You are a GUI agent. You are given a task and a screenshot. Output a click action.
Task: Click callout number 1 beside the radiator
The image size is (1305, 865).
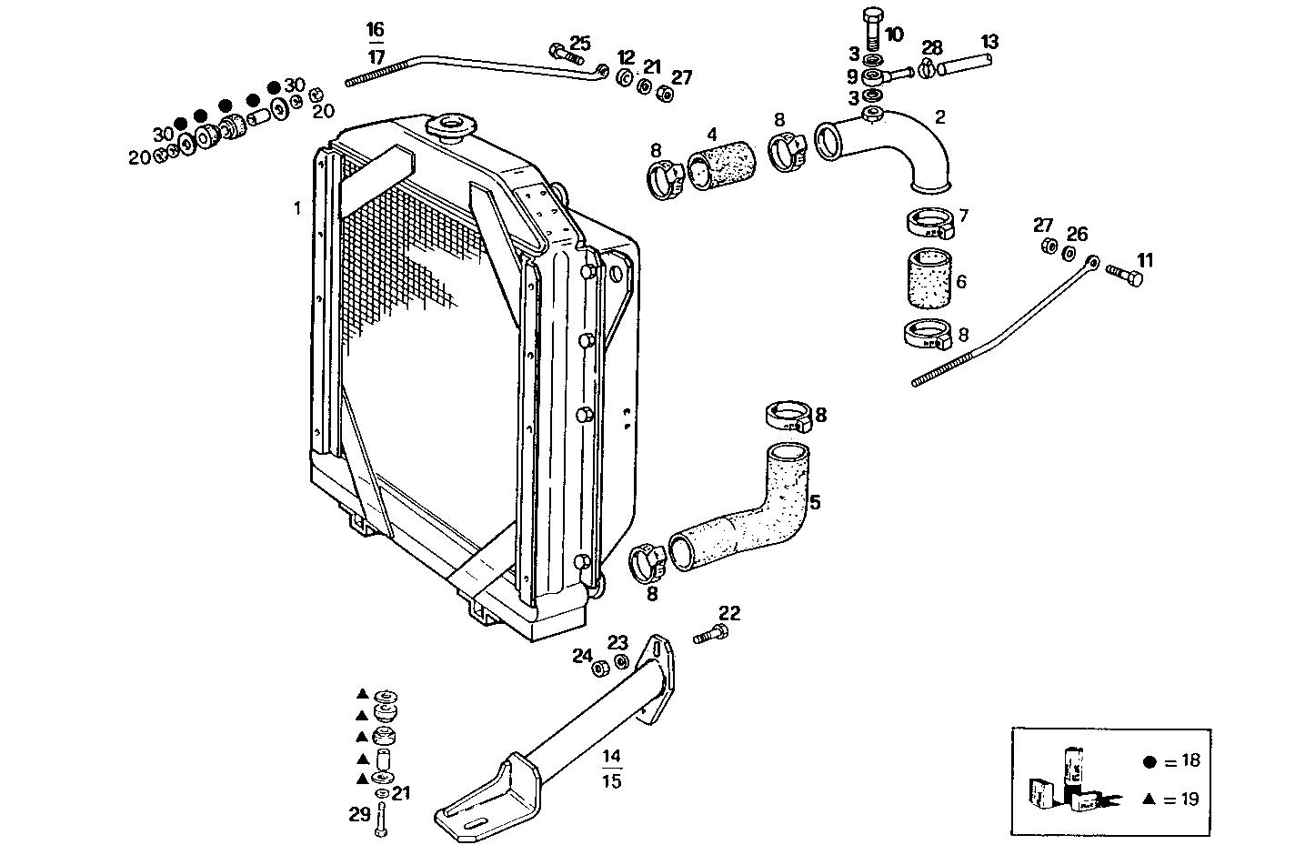coord(296,208)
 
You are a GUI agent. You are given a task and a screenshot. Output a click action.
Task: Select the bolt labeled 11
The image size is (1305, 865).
coord(1125,273)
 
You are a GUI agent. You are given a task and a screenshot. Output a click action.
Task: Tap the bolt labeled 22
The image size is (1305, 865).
coord(711,634)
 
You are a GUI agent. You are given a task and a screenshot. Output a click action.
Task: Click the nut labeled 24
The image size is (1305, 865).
coord(600,669)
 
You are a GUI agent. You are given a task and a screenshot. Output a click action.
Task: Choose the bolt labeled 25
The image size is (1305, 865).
coord(564,53)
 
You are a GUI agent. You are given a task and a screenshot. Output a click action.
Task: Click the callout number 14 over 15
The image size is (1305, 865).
coord(611,768)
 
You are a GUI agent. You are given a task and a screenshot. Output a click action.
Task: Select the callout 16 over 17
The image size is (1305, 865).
coord(376,43)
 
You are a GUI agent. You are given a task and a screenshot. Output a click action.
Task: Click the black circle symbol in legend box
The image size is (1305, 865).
coord(1149,760)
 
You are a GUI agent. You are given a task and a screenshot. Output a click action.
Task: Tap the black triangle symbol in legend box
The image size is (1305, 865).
coord(1149,799)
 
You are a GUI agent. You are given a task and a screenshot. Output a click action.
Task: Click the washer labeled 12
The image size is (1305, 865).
coord(626,77)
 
